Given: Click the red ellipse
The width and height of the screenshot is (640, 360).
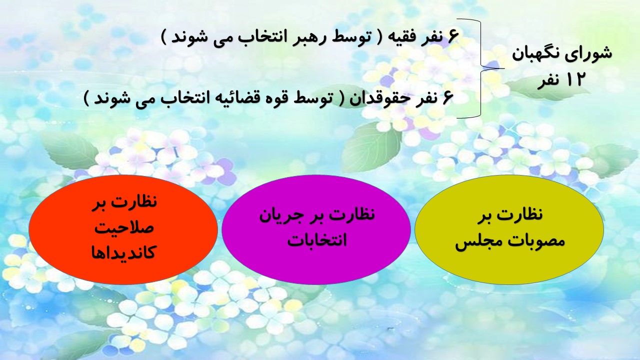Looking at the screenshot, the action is click(x=123, y=229).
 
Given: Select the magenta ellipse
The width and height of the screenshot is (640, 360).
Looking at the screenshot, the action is click(x=316, y=229).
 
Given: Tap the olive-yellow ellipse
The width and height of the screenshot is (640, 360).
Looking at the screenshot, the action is click(x=509, y=229).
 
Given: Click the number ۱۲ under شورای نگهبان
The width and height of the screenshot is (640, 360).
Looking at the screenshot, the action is click(x=573, y=79).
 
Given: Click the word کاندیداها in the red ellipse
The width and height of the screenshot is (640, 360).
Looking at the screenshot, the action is click(x=123, y=253).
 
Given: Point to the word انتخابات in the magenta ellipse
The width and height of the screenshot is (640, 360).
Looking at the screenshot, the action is click(x=317, y=240).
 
